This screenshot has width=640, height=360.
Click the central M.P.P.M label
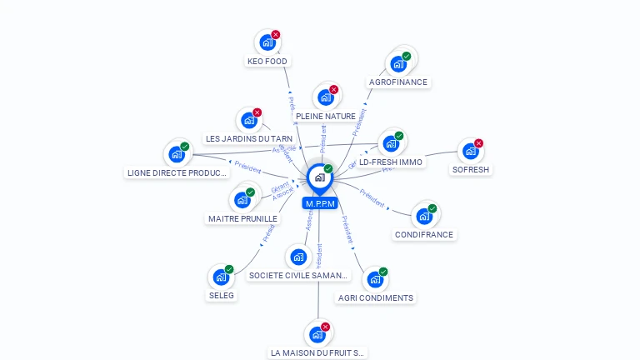pyautogui.click(x=319, y=203)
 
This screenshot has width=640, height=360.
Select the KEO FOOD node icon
pyautogui.click(x=267, y=42)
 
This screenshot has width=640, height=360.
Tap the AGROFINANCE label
pyautogui.click(x=398, y=82)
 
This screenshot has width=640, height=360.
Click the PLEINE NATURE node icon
pyautogui.click(x=325, y=97)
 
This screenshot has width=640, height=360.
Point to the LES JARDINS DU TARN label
pyautogui.click(x=248, y=138)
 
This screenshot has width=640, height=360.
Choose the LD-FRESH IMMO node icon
pyautogui.click(x=391, y=143)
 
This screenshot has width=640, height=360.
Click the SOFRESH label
pyautogui.click(x=471, y=169)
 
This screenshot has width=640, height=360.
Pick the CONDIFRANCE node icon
pyautogui.click(x=423, y=216)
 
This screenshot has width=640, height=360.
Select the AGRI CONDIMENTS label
pyautogui.click(x=375, y=297)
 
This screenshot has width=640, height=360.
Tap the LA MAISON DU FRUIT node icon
pyautogui.click(x=317, y=335)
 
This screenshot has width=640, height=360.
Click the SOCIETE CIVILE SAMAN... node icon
pyautogui.click(x=298, y=257)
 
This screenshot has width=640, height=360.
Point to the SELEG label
pyautogui.click(x=221, y=295)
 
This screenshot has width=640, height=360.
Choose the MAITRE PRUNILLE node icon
pyautogui.click(x=242, y=200)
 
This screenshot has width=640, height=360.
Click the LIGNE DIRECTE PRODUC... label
pyautogui.click(x=177, y=172)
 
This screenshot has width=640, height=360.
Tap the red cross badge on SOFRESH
pyautogui.click(x=478, y=143)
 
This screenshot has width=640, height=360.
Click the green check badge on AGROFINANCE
pyautogui.click(x=406, y=57)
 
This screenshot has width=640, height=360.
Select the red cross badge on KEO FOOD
pyautogui.click(x=275, y=35)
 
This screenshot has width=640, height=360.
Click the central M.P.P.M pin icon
pyautogui.click(x=319, y=177)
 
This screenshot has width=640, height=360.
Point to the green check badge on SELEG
pyautogui.click(x=229, y=269)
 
